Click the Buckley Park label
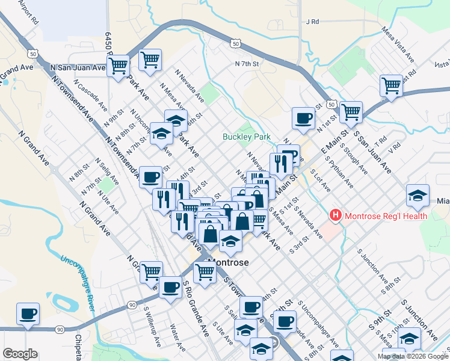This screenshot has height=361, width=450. [247, 137]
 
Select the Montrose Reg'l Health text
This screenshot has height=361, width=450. [385, 216]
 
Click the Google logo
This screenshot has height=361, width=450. [20, 354]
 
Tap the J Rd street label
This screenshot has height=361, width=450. [312, 22]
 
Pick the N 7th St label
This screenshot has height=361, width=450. [247, 63]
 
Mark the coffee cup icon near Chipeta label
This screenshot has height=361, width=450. [28, 314]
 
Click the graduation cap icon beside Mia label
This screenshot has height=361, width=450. [418, 196]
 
